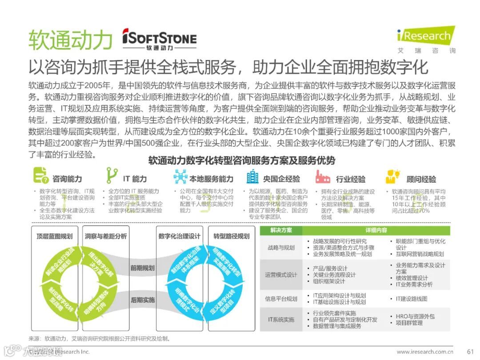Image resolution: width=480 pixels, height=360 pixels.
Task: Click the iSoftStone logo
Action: pyautogui.click(x=159, y=39)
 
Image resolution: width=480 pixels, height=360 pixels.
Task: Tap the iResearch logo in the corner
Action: pyautogui.click(x=426, y=39)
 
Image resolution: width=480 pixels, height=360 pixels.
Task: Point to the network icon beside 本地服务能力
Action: pyautogui.click(x=180, y=177)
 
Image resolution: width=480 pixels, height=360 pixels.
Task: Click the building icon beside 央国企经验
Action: pyautogui.click(x=252, y=177)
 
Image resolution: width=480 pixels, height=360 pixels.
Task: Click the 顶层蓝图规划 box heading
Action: pyautogui.click(x=54, y=236)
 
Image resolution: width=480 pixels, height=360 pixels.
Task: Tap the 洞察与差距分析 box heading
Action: pyautogui.click(x=105, y=236)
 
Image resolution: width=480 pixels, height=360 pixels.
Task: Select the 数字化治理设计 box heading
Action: pyautogui.click(x=179, y=236)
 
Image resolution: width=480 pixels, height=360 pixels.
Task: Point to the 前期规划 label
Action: pyautogui.click(x=142, y=268)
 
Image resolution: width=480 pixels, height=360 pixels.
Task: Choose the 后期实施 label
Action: pyautogui.click(x=142, y=300)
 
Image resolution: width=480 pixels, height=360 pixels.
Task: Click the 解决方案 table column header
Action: pyautogui.click(x=281, y=230)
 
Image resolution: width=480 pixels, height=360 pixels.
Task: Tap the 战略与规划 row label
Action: pyautogui.click(x=281, y=248)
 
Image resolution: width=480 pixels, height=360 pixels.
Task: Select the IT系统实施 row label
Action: pyautogui.click(x=281, y=319)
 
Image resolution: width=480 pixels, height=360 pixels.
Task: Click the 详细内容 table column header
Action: pyautogui.click(x=376, y=230)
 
